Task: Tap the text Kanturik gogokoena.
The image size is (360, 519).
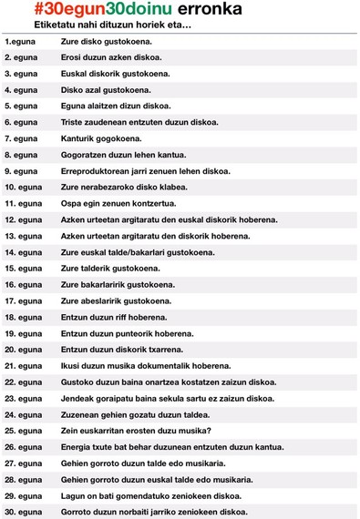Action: (x=101, y=138)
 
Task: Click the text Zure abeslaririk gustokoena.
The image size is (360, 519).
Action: (x=116, y=300)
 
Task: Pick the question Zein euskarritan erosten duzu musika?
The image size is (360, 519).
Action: (x=136, y=431)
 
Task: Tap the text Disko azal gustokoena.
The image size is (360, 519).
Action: (x=101, y=90)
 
